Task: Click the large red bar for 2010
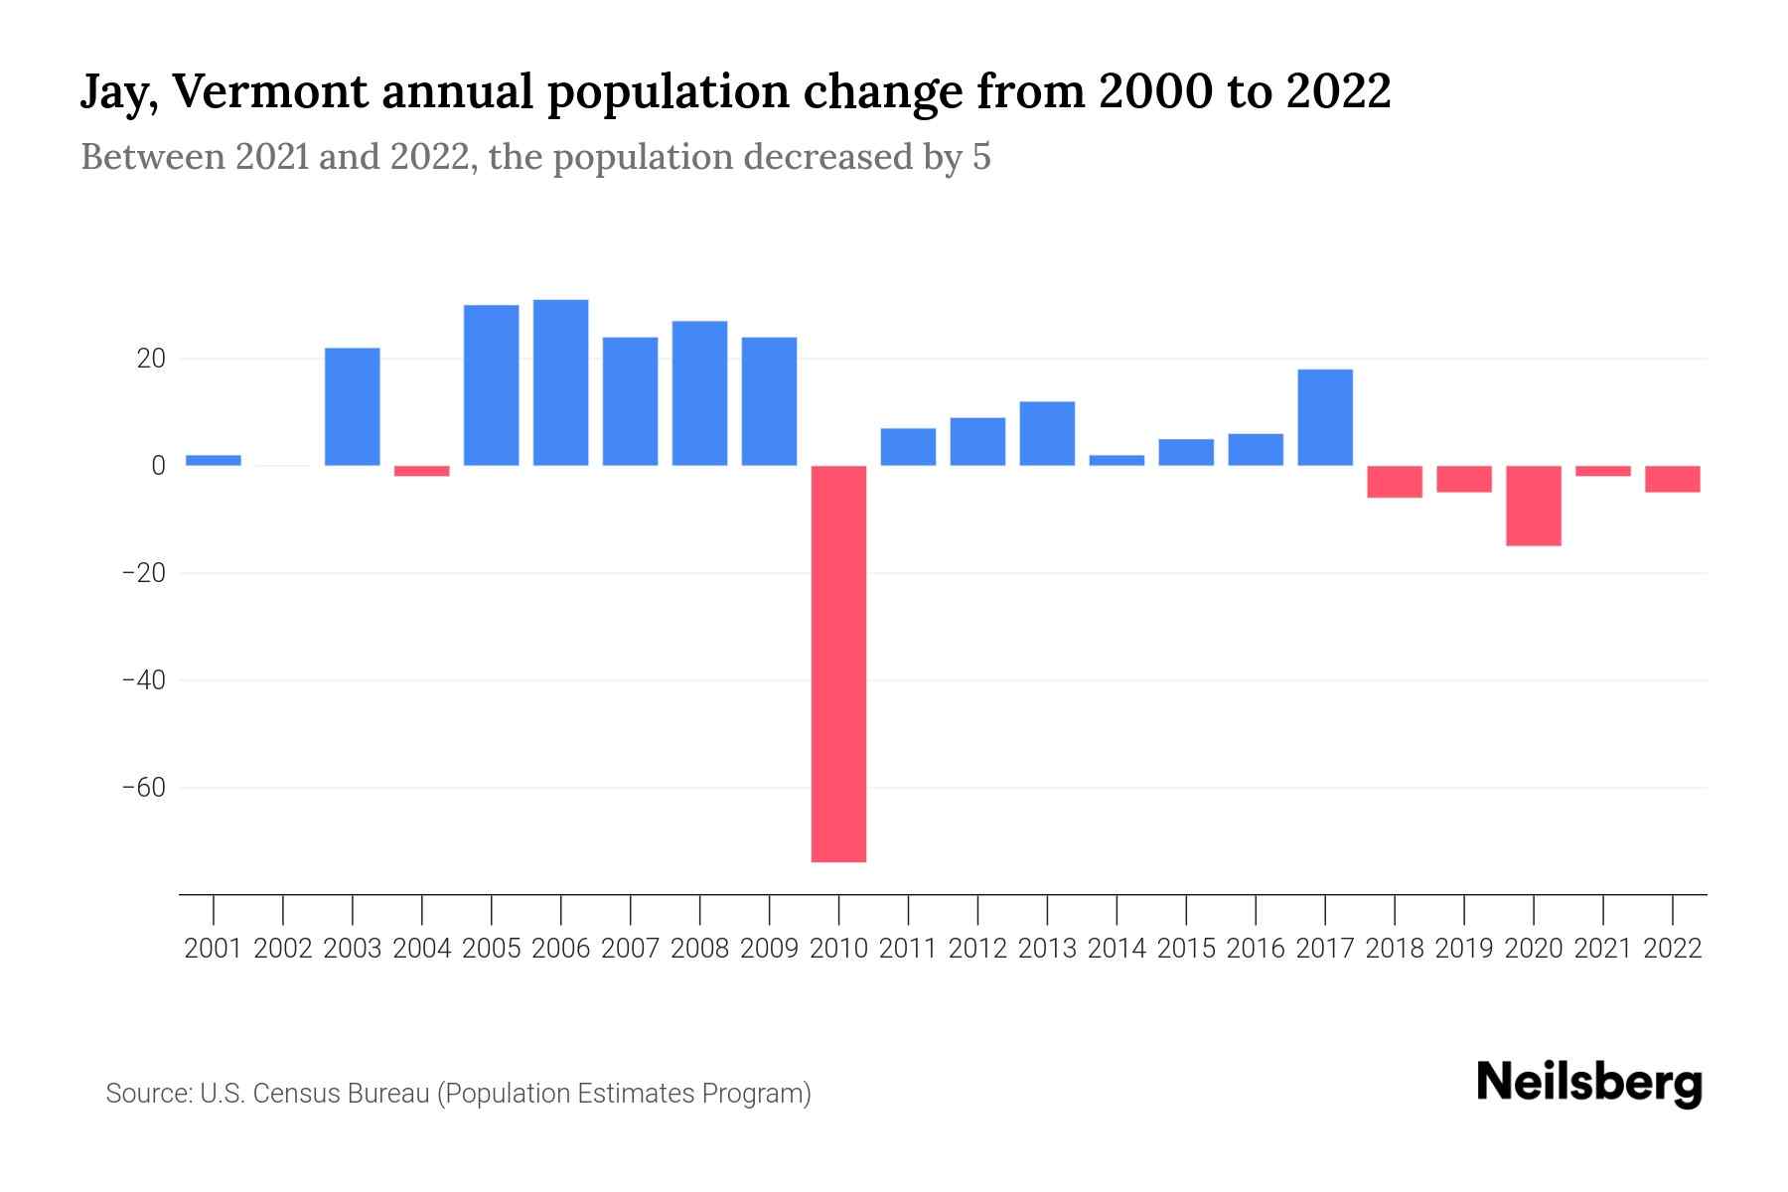click(x=838, y=664)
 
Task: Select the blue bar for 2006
click(x=560, y=382)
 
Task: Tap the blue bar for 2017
click(x=1325, y=417)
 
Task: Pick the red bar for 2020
click(x=1533, y=506)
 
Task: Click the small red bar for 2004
click(x=422, y=471)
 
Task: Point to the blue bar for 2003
click(x=353, y=406)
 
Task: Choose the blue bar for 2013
click(x=1047, y=433)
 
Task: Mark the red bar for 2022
click(x=1672, y=479)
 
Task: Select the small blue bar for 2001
click(x=214, y=460)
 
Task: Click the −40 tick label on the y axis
click(x=143, y=680)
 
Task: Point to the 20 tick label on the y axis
click(x=151, y=359)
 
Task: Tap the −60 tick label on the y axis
click(x=143, y=788)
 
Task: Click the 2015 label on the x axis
click(x=1186, y=949)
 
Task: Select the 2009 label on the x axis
click(x=769, y=949)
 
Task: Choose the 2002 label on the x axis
click(x=283, y=949)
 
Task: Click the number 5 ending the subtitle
click(x=981, y=157)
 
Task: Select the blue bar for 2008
click(x=699, y=393)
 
